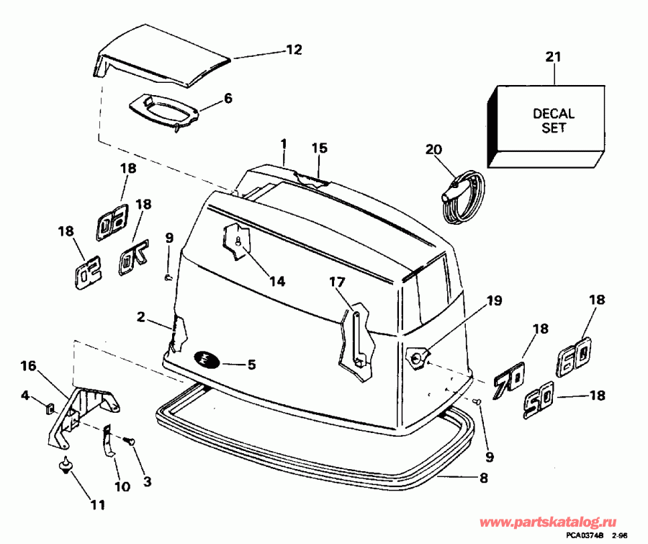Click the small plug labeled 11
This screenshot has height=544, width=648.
point(66,466)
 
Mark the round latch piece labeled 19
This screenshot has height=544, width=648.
point(418,355)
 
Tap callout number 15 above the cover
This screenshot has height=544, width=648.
point(319,148)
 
